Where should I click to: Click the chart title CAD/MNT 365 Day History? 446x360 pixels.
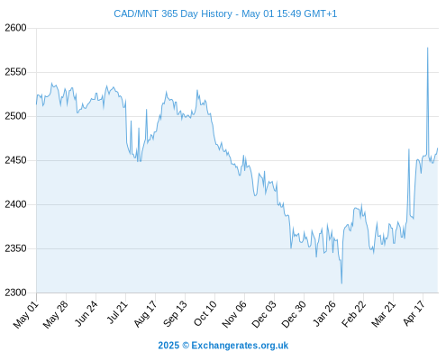[x=173, y=13]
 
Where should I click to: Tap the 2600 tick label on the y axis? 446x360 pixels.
[x=15, y=28]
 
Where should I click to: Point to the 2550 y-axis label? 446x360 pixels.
[x=15, y=72]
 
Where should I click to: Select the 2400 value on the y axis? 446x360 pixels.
[x=15, y=204]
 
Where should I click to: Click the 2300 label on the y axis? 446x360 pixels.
[x=15, y=292]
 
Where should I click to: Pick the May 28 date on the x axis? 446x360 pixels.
[x=56, y=314]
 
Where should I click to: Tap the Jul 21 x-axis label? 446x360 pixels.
[x=117, y=312]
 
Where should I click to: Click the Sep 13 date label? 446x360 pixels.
[x=176, y=314]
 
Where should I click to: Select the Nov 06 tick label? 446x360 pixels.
[x=234, y=314]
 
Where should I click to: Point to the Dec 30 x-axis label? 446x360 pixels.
[x=294, y=314]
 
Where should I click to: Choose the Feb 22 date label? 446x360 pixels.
[x=354, y=314]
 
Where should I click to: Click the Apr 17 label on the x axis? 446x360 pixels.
[x=414, y=313]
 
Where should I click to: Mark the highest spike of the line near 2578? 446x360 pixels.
[x=428, y=48]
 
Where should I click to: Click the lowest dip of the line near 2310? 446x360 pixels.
[x=341, y=283]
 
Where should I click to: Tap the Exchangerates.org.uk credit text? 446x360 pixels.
[x=240, y=346]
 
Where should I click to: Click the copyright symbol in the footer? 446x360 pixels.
[x=186, y=346]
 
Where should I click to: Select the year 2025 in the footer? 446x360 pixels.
[x=168, y=346]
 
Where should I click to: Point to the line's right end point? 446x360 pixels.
[x=438, y=148]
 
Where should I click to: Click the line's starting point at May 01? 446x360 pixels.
[x=37, y=104]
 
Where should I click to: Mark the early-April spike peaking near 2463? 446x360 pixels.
[x=409, y=149]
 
